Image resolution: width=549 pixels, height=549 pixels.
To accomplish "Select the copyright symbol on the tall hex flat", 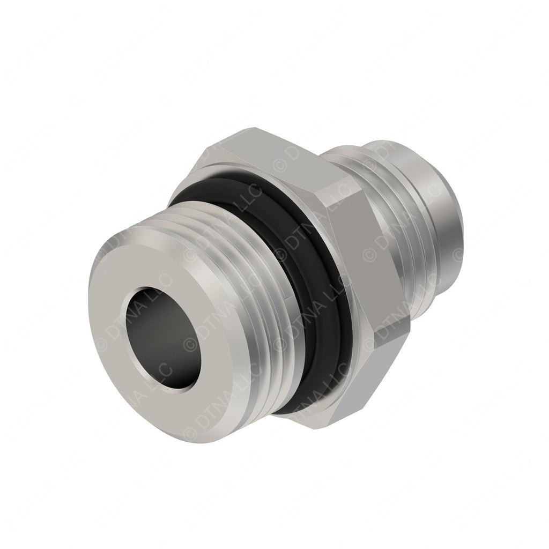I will [369, 253].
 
